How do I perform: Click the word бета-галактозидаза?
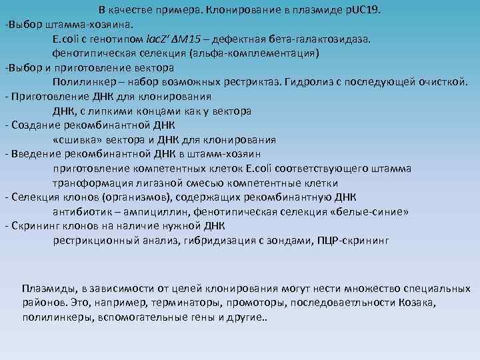point(318,39)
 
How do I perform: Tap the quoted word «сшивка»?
point(75,140)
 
